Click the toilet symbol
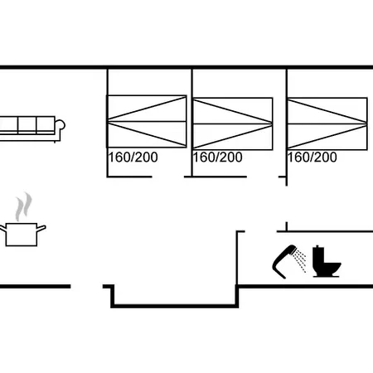coord(326,261)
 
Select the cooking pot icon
coord(22,235)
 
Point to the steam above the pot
coord(23,206)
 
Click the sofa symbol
coord(31,128)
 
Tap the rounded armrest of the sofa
coord(61,125)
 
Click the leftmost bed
coord(147,121)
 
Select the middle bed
coord(233,124)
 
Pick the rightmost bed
coord(327,124)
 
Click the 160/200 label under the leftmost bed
coord(133,157)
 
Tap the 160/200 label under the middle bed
coord(218,157)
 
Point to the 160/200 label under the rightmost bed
coord(312,157)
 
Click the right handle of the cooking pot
coord(41,229)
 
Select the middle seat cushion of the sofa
coord(27,125)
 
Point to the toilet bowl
coord(331,269)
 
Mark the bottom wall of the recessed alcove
coord(175,306)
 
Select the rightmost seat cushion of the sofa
coord(46,125)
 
